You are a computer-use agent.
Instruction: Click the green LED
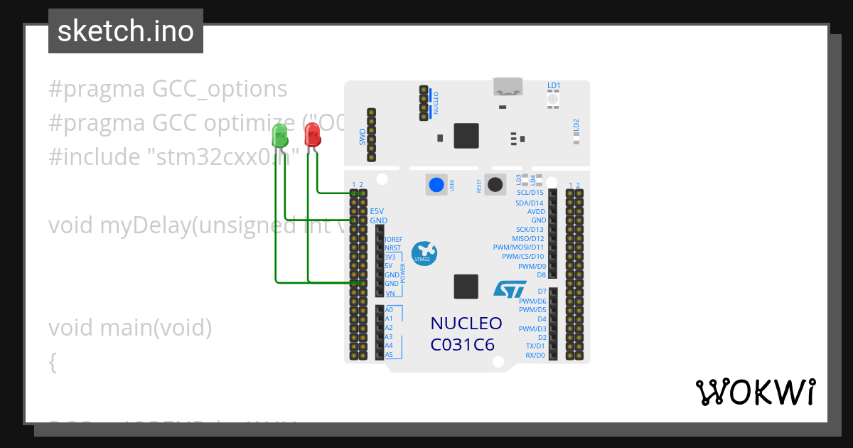280,134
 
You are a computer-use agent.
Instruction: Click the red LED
312,134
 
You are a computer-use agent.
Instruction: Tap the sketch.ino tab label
126,31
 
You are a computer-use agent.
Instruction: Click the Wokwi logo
755,392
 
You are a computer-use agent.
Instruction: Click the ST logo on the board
510,289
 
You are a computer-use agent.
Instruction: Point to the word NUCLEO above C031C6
466,324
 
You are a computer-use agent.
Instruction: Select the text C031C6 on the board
462,345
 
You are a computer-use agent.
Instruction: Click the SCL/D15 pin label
530,193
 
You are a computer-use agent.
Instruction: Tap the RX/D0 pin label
535,355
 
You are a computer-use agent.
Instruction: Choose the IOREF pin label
394,240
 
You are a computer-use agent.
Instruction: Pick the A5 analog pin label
389,354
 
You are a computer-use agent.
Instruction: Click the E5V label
377,211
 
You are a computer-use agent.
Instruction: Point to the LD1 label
554,86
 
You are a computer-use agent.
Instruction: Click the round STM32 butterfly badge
424,253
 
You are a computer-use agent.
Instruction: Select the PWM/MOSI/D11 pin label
518,247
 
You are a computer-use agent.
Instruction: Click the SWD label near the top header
363,137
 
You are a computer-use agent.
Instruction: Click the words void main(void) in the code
130,328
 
